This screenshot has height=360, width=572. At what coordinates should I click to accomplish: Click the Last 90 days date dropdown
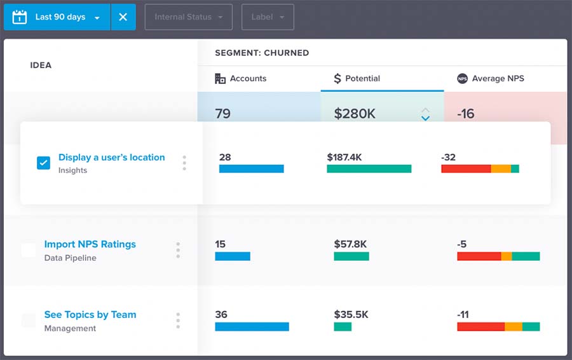pyautogui.click(x=57, y=17)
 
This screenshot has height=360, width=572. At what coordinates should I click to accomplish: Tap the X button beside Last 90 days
pyautogui.click(x=123, y=17)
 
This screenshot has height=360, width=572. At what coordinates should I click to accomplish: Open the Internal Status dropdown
pyautogui.click(x=189, y=17)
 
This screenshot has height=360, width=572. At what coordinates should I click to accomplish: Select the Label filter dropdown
pyautogui.click(x=268, y=17)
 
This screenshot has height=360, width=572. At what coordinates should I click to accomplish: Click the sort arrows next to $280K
pyautogui.click(x=425, y=114)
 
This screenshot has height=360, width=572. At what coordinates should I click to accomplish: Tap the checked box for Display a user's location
pyautogui.click(x=43, y=163)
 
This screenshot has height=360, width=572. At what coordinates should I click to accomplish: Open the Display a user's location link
pyautogui.click(x=111, y=157)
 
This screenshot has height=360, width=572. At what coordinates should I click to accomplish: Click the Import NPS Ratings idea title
pyautogui.click(x=90, y=244)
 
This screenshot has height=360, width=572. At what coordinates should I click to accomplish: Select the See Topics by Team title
pyautogui.click(x=90, y=314)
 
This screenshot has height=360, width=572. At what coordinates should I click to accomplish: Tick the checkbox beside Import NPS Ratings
pyautogui.click(x=29, y=250)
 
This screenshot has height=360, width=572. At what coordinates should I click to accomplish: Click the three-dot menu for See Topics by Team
pyautogui.click(x=178, y=321)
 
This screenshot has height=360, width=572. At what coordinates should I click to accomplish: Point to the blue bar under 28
pyautogui.click(x=251, y=169)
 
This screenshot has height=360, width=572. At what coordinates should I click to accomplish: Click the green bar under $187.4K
pyautogui.click(x=369, y=169)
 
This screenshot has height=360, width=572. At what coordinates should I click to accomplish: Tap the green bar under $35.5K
pyautogui.click(x=343, y=326)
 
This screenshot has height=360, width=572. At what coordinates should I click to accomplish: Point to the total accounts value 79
pyautogui.click(x=222, y=114)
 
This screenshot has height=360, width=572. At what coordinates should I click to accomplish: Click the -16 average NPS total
pyautogui.click(x=466, y=114)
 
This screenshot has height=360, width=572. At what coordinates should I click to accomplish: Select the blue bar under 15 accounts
pyautogui.click(x=233, y=256)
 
